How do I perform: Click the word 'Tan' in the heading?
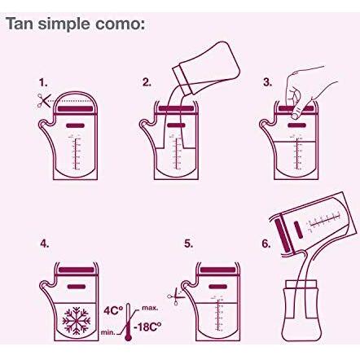pos(20,24)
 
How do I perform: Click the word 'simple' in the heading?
pos(64,24)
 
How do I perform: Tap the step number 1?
pos(43,82)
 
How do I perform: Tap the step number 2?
pos(147,82)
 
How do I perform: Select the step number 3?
pos(267,82)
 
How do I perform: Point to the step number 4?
pos(45,244)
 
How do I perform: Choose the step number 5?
pos(188,244)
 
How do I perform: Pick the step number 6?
pos(266,244)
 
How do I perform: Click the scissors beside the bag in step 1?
pos(44,101)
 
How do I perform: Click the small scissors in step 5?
pos(175,296)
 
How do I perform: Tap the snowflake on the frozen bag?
pos(77,321)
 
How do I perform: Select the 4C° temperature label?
pos(113,310)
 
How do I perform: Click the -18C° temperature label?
pos(147,327)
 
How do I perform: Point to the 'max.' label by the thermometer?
pos(150,308)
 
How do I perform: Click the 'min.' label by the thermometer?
pos(108,332)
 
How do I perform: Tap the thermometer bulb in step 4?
pos(127,337)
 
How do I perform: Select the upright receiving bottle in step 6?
pos(301,311)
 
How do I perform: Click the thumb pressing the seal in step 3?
pos(296,112)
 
